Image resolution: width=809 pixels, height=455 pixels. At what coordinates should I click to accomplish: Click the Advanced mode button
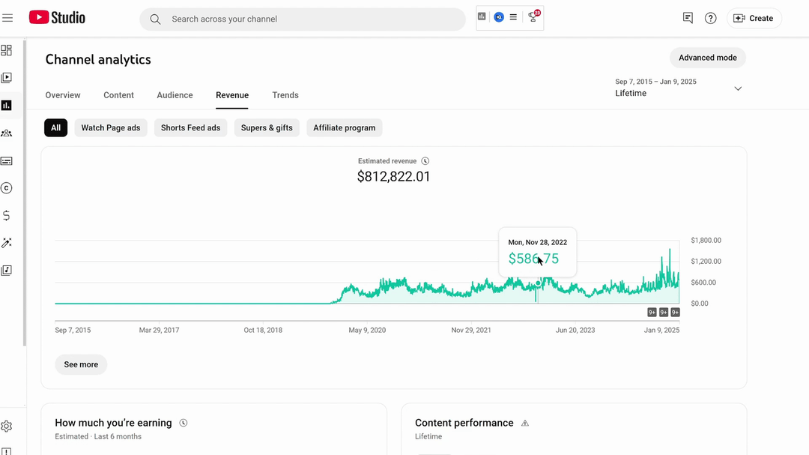point(707,58)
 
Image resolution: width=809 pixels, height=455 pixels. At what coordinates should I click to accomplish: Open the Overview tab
point(63,95)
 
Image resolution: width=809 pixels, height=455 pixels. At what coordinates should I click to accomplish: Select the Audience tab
point(175,95)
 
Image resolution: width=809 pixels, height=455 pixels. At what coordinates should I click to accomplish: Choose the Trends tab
point(285,95)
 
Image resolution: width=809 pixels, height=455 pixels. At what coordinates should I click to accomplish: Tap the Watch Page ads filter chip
point(111,127)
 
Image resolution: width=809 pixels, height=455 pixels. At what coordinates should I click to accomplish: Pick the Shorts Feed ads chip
point(190,127)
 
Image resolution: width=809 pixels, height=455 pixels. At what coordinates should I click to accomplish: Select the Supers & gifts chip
point(267,127)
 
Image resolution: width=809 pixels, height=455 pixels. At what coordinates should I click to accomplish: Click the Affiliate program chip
point(344,127)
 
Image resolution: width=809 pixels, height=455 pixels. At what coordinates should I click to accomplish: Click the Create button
point(754,18)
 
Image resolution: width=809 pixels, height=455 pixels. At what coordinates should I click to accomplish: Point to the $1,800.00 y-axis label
point(706,240)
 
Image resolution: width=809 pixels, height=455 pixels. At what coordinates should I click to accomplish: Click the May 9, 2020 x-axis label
point(367,330)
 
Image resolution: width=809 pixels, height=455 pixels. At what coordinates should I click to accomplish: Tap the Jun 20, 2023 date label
point(575,330)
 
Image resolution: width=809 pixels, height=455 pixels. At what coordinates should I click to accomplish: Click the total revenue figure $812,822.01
point(394,177)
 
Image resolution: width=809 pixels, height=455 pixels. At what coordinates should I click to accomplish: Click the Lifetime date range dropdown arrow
point(738,88)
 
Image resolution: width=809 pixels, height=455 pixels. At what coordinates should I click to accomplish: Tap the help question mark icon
point(710,19)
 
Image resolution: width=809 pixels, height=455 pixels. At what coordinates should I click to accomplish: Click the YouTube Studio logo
point(57,17)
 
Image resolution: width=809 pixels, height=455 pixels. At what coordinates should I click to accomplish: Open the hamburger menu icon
point(7,18)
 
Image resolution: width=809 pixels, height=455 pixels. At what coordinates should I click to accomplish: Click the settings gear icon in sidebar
point(6,426)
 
